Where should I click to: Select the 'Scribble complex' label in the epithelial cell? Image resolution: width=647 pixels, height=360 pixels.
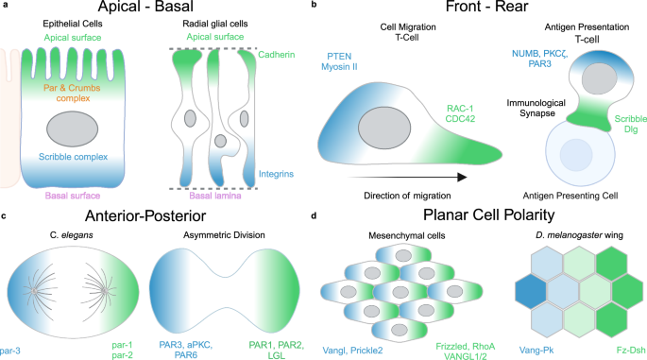click(64, 157)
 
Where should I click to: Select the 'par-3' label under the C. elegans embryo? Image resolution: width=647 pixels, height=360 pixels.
click(12, 321)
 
